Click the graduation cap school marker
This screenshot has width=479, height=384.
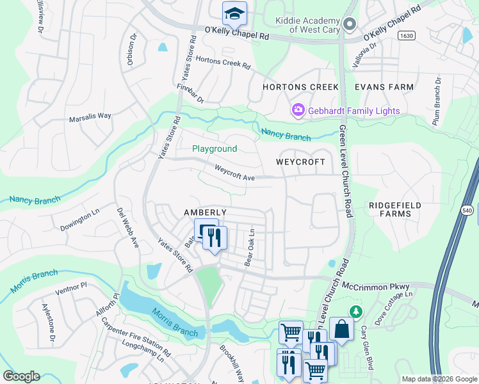tap(234, 13)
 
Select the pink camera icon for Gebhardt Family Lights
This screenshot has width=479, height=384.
tap(298, 111)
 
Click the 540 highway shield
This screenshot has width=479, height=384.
tap(467, 209)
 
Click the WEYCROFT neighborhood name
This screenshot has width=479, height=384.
tap(301, 162)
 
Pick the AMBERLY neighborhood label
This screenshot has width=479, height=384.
tap(205, 212)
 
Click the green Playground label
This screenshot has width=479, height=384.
tap(215, 148)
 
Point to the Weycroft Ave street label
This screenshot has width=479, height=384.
tap(234, 173)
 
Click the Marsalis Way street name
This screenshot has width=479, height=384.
tap(90, 116)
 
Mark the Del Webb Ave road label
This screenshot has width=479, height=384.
tap(127, 228)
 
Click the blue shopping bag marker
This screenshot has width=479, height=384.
tap(342, 330)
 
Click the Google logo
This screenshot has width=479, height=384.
tap(21, 376)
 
